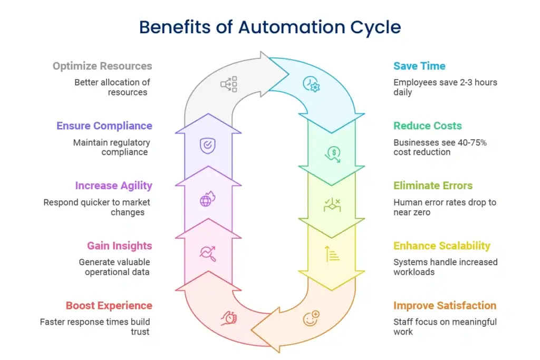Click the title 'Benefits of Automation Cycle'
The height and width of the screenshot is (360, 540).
pyautogui.click(x=269, y=27)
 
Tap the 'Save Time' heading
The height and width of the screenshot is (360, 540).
pyautogui.click(x=419, y=66)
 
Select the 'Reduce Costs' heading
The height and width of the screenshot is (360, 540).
pyautogui.click(x=427, y=125)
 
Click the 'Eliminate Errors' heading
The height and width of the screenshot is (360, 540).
pyautogui.click(x=433, y=186)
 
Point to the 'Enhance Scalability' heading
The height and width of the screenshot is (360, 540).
pyautogui.click(x=442, y=246)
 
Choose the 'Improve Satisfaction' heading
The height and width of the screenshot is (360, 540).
pyautogui.click(x=445, y=305)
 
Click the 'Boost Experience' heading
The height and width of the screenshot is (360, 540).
pyautogui.click(x=109, y=305)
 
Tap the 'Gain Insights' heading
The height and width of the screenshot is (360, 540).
pyautogui.click(x=119, y=246)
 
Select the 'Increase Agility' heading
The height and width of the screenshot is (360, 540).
pyautogui.click(x=113, y=186)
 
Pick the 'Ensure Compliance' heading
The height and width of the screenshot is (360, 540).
pyautogui.click(x=104, y=125)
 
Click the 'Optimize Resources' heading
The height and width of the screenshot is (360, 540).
pyautogui.click(x=102, y=66)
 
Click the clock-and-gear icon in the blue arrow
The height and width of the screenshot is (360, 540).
pyautogui.click(x=311, y=84)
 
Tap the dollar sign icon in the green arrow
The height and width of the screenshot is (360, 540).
pyautogui.click(x=332, y=153)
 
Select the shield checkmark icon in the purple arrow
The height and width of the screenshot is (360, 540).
pyautogui.click(x=207, y=144)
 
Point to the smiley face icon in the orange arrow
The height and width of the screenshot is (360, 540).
pyautogui.click(x=312, y=318)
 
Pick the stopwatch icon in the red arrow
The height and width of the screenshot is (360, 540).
pyautogui.click(x=229, y=318)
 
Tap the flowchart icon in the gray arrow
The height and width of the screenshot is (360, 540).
pyautogui.click(x=229, y=84)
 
